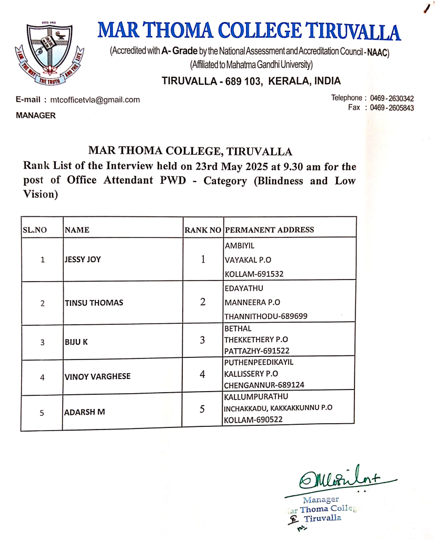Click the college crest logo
pyautogui.click(x=44, y=54)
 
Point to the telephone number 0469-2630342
pyautogui.click(x=392, y=98)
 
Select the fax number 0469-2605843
pyautogui.click(x=392, y=108)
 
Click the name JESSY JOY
pyautogui.click(x=83, y=259)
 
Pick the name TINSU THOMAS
pyautogui.click(x=93, y=303)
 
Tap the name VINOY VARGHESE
pyautogui.click(x=97, y=377)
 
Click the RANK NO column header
pyautogui.click(x=203, y=229)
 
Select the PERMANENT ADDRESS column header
pyautogui.click(x=269, y=229)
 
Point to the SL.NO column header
pyautogui.click(x=35, y=230)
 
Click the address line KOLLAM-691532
pyautogui.click(x=254, y=274)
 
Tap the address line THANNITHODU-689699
pyautogui.click(x=266, y=316)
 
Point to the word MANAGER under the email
pyautogui.click(x=36, y=115)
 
